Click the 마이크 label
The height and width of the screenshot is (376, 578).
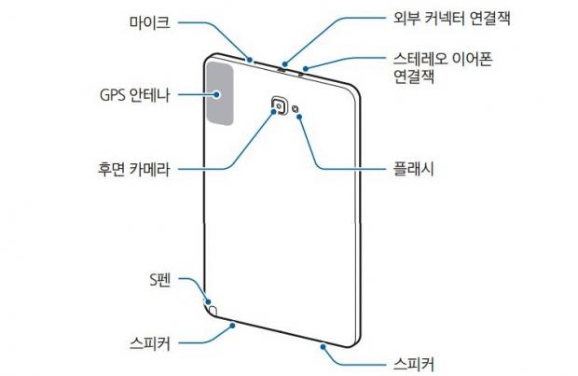[147, 21]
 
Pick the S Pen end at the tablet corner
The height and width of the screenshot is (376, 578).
[213, 308]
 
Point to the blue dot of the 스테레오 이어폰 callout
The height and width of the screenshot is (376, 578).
[304, 68]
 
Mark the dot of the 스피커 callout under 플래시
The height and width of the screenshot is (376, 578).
[324, 344]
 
